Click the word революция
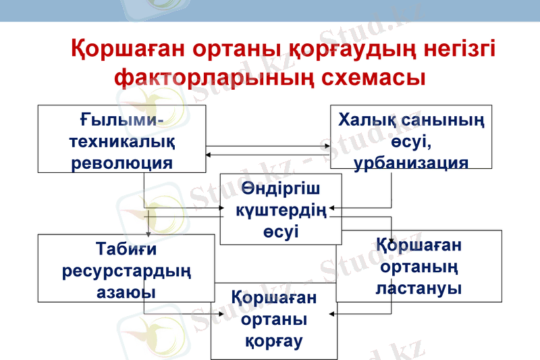pos(121,162)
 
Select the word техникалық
pos(121,143)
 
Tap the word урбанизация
pos(410,164)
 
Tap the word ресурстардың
pos(126,272)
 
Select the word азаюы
pos(126,292)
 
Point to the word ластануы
pos(418,288)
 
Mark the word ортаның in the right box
pos(418,267)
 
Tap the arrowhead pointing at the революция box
pos(209,156)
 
